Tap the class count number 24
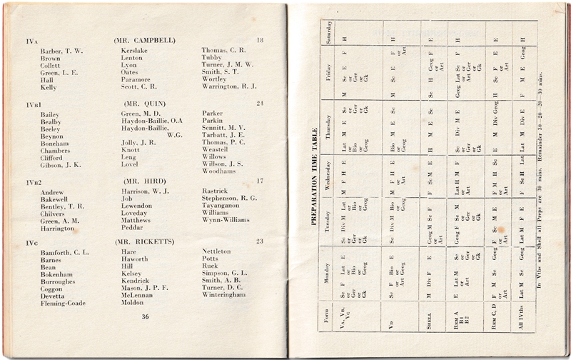tap(259, 104)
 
